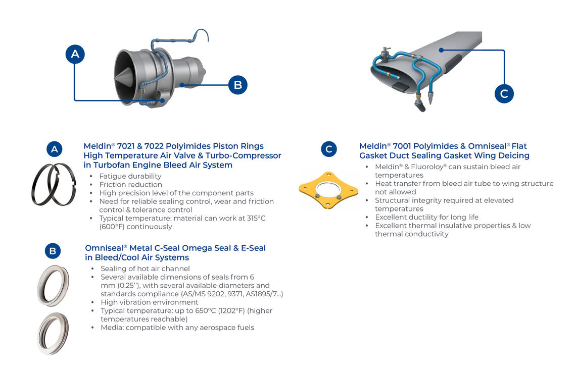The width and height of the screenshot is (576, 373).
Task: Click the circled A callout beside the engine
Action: (75, 54)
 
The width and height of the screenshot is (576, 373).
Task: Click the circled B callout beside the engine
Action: (237, 85)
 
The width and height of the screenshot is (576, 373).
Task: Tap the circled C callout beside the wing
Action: (504, 93)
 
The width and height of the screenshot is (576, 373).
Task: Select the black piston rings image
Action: (54, 184)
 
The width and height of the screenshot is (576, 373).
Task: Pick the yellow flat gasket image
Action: (328, 190)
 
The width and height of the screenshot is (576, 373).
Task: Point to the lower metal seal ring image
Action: (53, 333)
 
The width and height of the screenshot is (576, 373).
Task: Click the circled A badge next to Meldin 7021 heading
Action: (55, 149)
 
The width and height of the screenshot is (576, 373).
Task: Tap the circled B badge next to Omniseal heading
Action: (53, 251)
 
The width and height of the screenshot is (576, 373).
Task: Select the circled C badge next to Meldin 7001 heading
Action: (329, 149)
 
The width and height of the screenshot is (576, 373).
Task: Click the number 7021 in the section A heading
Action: (127, 146)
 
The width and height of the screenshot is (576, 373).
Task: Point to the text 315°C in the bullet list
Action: (256, 218)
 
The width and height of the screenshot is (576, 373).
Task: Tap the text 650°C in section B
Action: (206, 310)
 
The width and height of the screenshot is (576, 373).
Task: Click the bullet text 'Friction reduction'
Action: (130, 185)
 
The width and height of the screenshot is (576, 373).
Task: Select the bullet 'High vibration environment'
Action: (150, 302)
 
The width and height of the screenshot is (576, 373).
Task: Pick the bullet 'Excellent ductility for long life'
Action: (427, 217)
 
